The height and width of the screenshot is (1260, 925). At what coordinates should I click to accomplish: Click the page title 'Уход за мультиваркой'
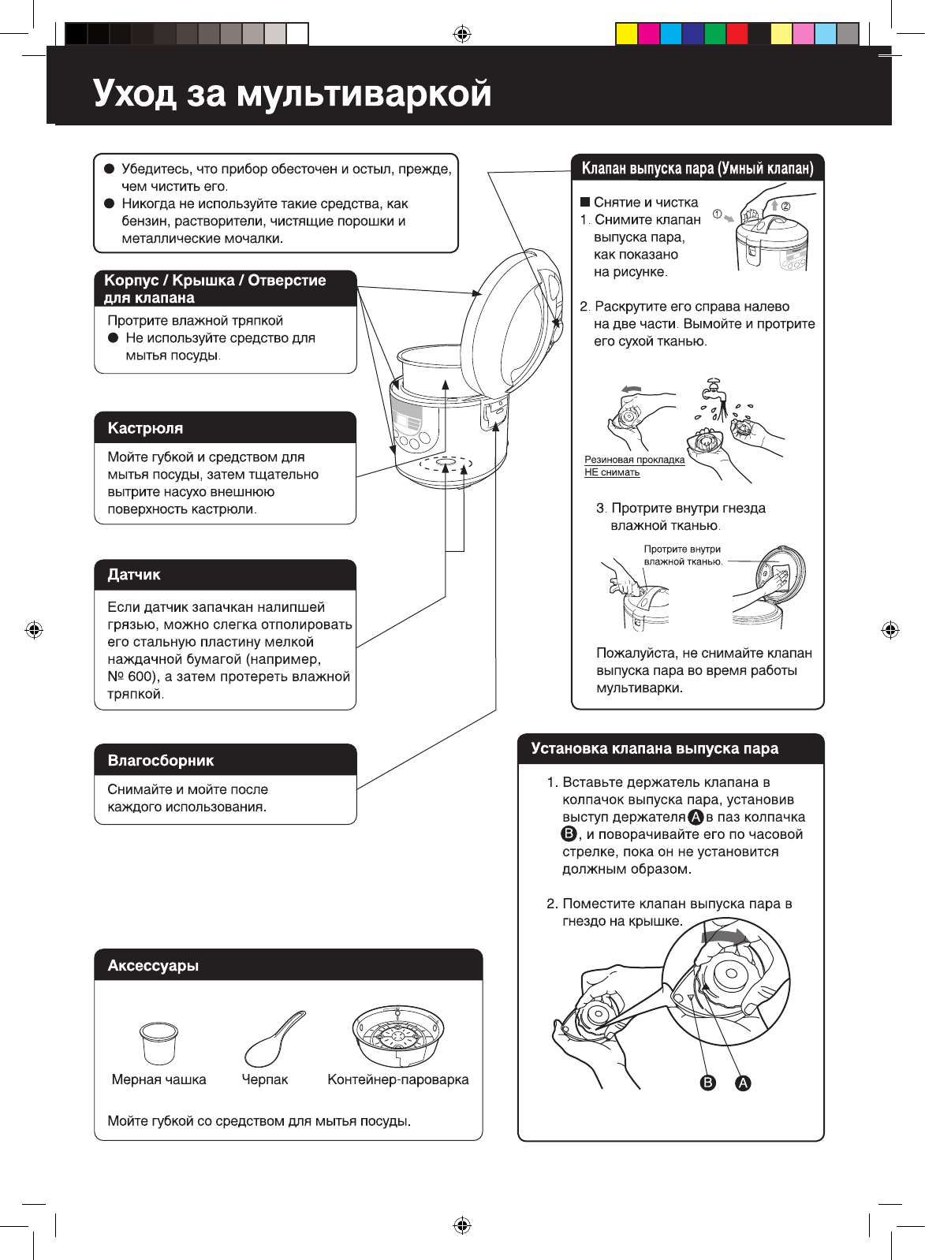click(292, 93)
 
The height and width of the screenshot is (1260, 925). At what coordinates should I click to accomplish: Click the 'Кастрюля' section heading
click(145, 428)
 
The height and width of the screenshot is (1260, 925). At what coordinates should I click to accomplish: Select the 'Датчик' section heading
click(134, 575)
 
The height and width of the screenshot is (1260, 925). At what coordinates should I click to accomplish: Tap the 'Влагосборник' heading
click(161, 761)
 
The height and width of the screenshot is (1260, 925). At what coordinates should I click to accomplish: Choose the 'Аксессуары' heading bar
click(153, 966)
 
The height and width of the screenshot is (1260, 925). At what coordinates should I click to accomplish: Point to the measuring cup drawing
click(159, 1042)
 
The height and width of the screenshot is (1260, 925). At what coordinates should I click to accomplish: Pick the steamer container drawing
click(398, 1035)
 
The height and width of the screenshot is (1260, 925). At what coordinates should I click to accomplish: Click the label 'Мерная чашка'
click(159, 1079)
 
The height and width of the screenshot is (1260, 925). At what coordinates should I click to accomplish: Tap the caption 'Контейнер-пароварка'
click(398, 1079)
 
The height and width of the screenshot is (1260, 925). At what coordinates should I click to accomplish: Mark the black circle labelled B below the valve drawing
click(708, 1083)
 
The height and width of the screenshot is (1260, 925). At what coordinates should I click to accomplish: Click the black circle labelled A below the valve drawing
click(743, 1083)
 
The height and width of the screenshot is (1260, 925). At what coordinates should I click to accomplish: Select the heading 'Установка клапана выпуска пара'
click(655, 749)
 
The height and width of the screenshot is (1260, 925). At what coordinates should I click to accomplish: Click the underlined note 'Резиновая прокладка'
click(634, 460)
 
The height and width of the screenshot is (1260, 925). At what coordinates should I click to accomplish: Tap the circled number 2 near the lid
click(785, 205)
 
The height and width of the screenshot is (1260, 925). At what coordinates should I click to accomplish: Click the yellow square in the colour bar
click(627, 34)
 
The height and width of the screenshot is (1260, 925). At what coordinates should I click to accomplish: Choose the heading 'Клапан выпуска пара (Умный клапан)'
click(697, 168)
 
